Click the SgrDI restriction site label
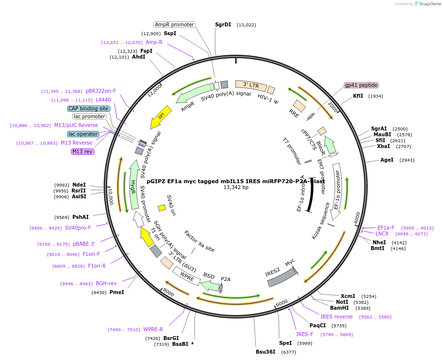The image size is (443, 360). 223,24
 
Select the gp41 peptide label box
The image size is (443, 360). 361,85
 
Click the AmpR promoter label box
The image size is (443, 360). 175,24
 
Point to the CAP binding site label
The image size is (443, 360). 89,108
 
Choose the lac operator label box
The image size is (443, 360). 83,134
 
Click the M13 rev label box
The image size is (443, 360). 82,151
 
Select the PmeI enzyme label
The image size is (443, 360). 117,292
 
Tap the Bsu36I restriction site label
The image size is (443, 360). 266,352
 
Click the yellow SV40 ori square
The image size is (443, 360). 162,208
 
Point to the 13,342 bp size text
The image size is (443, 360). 236,187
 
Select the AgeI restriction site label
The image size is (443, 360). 387,160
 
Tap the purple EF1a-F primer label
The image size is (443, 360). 386,228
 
